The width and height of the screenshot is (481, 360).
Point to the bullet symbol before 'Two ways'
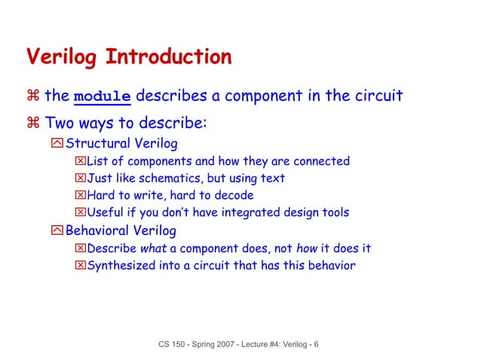point(33,122)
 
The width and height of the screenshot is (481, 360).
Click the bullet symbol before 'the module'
point(33,96)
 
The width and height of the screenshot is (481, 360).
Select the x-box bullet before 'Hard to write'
point(81,196)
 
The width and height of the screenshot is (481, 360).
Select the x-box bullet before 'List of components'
point(81,161)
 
